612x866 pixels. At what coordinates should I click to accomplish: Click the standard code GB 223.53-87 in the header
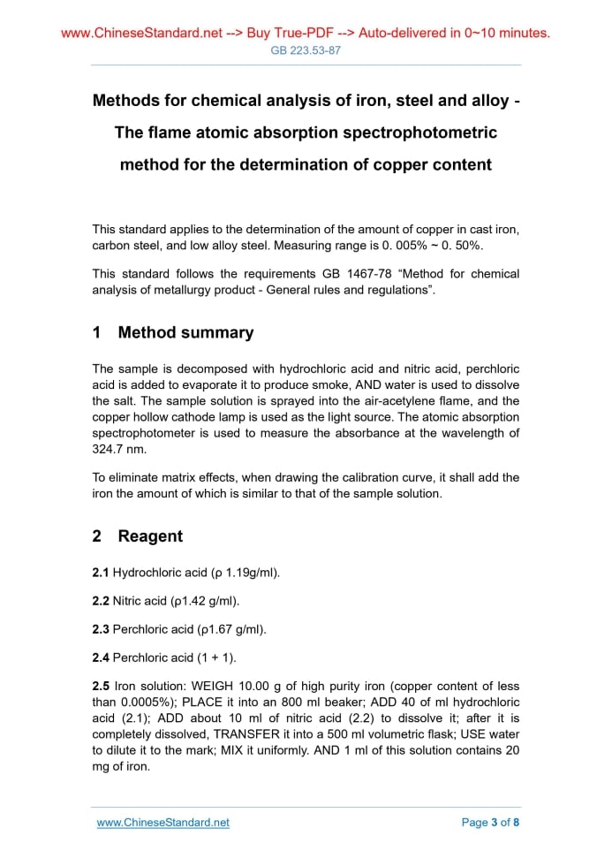[x=306, y=50]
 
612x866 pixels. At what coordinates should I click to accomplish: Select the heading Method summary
[x=185, y=333]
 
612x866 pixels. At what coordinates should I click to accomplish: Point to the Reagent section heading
[x=150, y=536]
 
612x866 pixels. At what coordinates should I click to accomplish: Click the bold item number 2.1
[x=102, y=573]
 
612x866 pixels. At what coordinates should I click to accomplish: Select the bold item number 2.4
[x=102, y=657]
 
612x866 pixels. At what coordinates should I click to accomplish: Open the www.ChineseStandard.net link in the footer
[x=163, y=823]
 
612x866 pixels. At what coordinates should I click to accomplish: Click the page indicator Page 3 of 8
[x=490, y=823]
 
